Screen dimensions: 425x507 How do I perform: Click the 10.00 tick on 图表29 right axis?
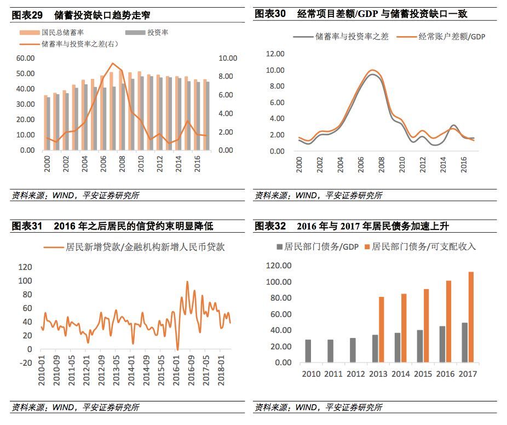tap(227, 58)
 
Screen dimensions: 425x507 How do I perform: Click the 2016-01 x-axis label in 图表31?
tap(176, 370)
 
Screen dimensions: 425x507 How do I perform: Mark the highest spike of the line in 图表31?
tap(187, 282)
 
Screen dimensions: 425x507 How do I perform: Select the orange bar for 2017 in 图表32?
tap(471, 317)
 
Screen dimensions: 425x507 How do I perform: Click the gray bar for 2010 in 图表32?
tap(308, 351)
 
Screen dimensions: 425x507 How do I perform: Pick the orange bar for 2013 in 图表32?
tap(382, 329)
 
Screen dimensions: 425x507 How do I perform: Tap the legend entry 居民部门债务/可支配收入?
tap(424, 247)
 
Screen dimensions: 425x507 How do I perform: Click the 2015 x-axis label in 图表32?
tap(423, 374)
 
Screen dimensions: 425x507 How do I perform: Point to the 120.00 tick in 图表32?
tap(279, 266)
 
